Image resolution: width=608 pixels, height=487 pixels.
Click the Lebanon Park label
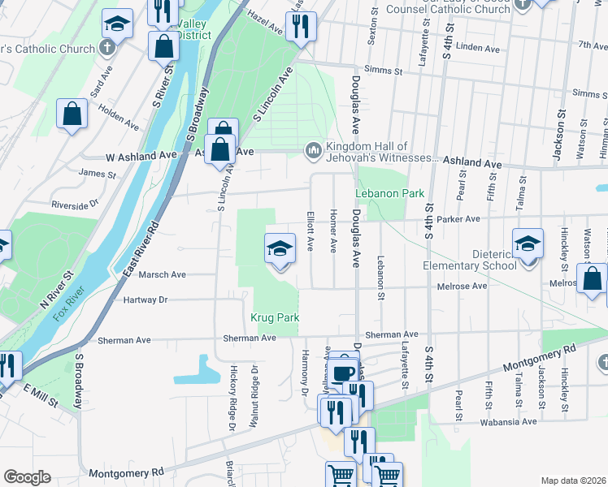(390, 194)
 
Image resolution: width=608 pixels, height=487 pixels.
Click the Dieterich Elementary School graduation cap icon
(528, 244)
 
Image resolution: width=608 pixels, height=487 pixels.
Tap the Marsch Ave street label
(163, 274)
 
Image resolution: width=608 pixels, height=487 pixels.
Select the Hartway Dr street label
(146, 300)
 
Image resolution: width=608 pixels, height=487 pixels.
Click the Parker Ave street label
(460, 219)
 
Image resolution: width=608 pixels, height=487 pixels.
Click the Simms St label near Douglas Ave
(384, 71)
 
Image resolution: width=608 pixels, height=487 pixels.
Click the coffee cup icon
(344, 371)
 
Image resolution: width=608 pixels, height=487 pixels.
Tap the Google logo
(27, 477)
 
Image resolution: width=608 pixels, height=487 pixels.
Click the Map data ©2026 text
(573, 481)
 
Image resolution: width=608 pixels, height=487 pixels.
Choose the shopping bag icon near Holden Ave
(72, 114)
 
